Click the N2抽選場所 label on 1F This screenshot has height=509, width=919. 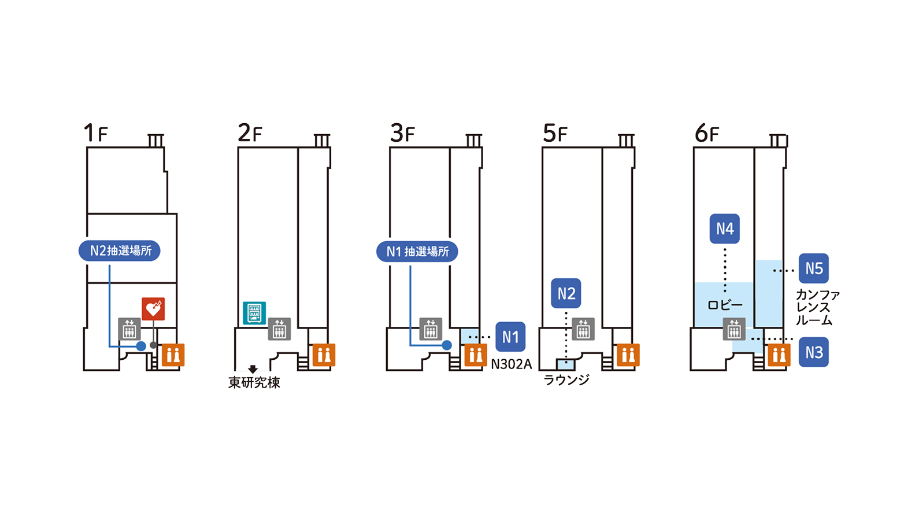(x=120, y=251)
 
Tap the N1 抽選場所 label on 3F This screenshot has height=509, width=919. (x=417, y=252)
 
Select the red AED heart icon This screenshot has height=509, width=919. (x=153, y=309)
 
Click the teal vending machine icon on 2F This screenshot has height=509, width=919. (x=254, y=313)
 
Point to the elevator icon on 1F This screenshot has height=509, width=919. (x=129, y=329)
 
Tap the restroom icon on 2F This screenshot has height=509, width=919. (x=324, y=355)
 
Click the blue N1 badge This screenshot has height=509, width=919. (x=510, y=337)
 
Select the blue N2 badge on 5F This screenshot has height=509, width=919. (x=566, y=293)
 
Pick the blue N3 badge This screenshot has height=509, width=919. (x=814, y=352)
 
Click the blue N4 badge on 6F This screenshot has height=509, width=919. (x=725, y=228)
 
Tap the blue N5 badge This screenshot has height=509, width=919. (x=814, y=268)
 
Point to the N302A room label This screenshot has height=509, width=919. (x=511, y=364)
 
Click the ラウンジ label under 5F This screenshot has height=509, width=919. (x=566, y=380)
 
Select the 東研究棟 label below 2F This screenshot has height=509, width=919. (x=254, y=383)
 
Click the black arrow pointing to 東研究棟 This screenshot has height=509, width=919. (x=253, y=369)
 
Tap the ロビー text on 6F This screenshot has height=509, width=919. (x=725, y=305)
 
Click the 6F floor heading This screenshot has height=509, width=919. (x=707, y=134)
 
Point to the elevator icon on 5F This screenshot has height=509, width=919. (x=583, y=329)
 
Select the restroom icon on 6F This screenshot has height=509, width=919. (x=779, y=355)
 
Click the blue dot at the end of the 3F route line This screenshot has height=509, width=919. (x=447, y=345)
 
